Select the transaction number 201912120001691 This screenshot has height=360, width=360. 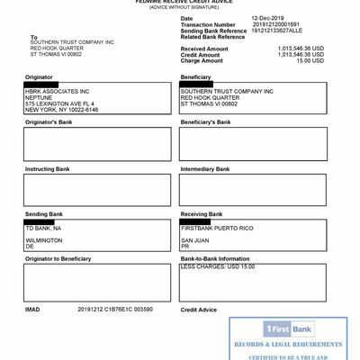(277, 24)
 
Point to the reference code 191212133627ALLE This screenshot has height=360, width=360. (277, 31)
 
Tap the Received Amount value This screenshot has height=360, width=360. (301, 49)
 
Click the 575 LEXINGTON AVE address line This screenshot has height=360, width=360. (59, 103)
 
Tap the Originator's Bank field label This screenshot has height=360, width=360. (49, 121)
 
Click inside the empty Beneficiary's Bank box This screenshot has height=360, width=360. (252, 144)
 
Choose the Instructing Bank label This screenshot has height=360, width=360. (47, 169)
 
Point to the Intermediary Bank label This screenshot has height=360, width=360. (205, 169)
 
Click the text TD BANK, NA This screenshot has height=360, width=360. (43, 229)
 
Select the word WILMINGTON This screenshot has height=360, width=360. (44, 240)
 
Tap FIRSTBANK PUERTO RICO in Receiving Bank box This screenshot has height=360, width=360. (217, 229)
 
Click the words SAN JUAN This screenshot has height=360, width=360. (195, 240)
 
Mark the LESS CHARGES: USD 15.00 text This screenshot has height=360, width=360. (218, 267)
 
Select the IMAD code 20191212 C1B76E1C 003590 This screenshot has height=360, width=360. (115, 310)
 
